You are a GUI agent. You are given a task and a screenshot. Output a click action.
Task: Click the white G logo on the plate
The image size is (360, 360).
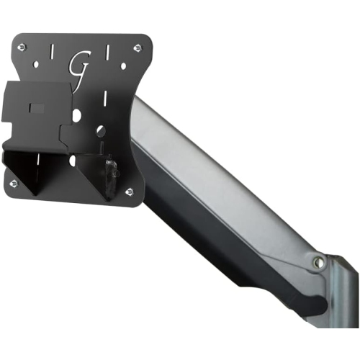[x=79, y=64]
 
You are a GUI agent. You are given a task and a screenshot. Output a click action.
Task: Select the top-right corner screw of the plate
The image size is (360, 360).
[x=137, y=48]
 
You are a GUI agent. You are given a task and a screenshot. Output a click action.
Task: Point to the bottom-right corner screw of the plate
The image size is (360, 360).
[x=129, y=191]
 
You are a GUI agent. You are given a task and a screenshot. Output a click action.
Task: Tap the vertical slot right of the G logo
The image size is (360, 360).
[x=106, y=53]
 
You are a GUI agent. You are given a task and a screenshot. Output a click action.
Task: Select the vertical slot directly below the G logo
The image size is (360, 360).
[x=78, y=94]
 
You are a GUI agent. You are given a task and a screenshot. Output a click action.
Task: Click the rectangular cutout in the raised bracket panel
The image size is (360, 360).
[x=37, y=109]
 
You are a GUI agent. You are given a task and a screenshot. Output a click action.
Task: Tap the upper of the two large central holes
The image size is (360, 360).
[x=77, y=114]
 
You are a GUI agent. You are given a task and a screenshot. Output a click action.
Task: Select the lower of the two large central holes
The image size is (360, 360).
[x=100, y=131]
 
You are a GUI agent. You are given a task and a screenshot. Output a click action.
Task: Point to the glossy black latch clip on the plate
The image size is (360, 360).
[x=110, y=174]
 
